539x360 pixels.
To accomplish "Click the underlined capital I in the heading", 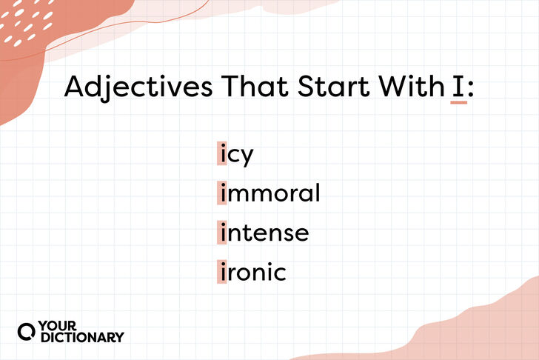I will [458, 87].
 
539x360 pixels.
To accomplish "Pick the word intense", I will [264, 233].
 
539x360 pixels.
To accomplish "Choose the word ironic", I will [252, 273].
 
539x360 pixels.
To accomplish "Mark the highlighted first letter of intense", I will [222, 233].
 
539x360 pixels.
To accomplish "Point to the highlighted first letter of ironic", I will [222, 272].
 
